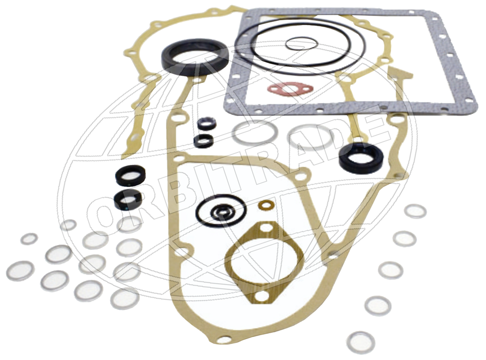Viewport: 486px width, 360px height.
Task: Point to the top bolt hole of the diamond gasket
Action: coord(266,228)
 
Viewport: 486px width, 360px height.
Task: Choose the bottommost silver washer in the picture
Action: coord(361,343)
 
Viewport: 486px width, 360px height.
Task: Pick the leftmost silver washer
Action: coord(20,271)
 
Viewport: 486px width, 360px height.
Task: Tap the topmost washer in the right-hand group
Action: coord(416,211)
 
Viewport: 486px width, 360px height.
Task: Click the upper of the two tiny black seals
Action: coord(206,123)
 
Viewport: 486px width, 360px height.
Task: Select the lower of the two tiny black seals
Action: coord(203,141)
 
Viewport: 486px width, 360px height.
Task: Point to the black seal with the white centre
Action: coord(130,175)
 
